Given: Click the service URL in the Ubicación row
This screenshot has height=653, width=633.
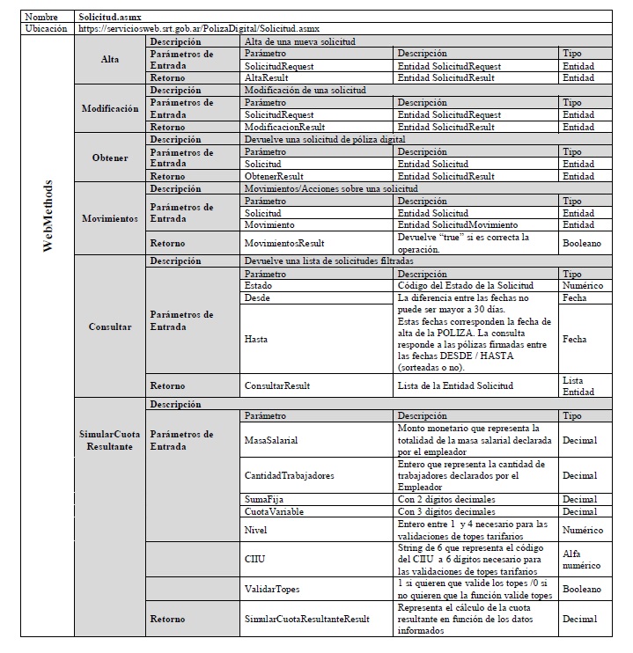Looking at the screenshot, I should point(198,29).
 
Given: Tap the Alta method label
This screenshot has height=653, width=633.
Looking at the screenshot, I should point(110,60).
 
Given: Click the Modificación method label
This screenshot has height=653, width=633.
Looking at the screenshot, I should point(110,108).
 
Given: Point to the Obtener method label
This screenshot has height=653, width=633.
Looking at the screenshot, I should point(110,158).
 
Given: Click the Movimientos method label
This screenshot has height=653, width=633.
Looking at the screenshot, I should point(110,218).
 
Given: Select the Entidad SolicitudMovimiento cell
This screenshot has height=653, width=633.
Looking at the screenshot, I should point(458,225).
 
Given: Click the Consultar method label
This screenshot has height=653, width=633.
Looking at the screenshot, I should point(110,326).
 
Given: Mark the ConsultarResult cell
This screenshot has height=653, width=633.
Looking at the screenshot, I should point(277,385).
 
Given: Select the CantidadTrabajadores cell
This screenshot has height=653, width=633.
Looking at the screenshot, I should point(290,475).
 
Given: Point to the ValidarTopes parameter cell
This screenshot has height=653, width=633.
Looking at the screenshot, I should point(272,588).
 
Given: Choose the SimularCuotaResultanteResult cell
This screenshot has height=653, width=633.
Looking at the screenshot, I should point(307,619).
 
